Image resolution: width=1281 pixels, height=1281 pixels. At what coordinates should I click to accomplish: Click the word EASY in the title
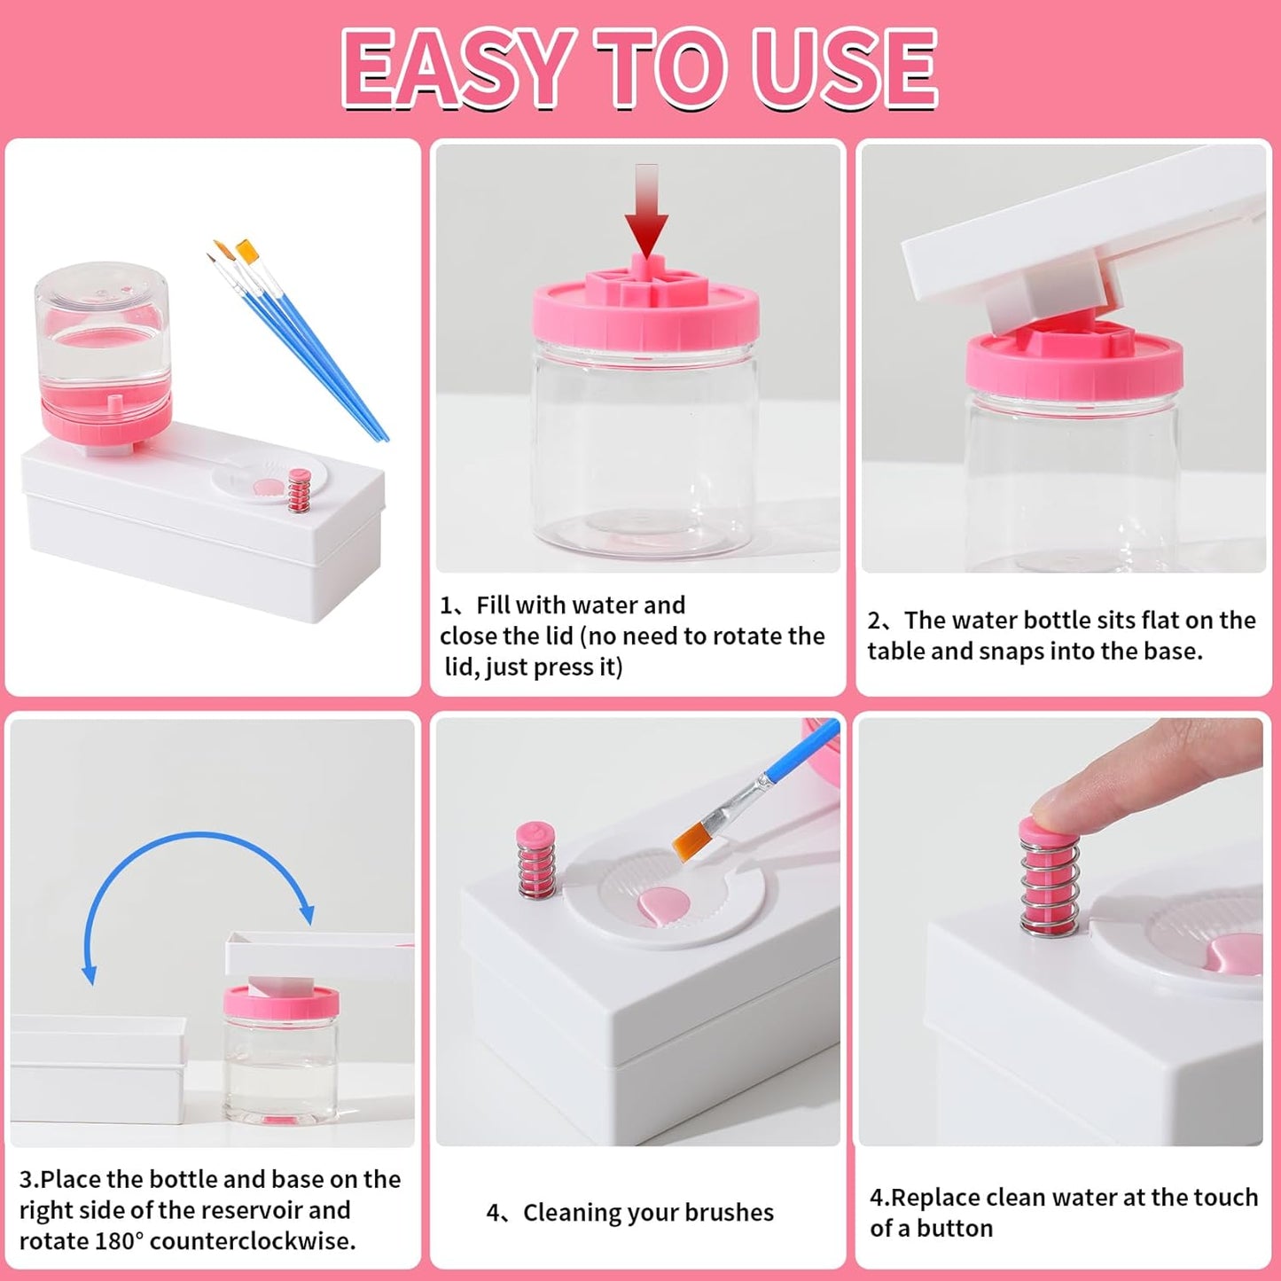click(x=454, y=68)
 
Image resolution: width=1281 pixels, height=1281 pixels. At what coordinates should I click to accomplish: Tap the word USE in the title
click(x=843, y=68)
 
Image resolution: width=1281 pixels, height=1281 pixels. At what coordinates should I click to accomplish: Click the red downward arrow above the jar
click(x=646, y=213)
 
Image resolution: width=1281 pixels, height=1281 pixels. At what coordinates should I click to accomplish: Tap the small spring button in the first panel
click(x=300, y=490)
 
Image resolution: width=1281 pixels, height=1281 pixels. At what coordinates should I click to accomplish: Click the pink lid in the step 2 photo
click(x=1074, y=363)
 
